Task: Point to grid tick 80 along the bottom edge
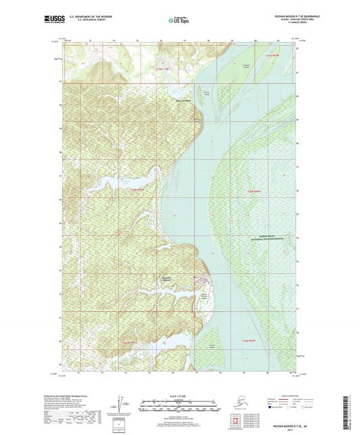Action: point(256,372)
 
